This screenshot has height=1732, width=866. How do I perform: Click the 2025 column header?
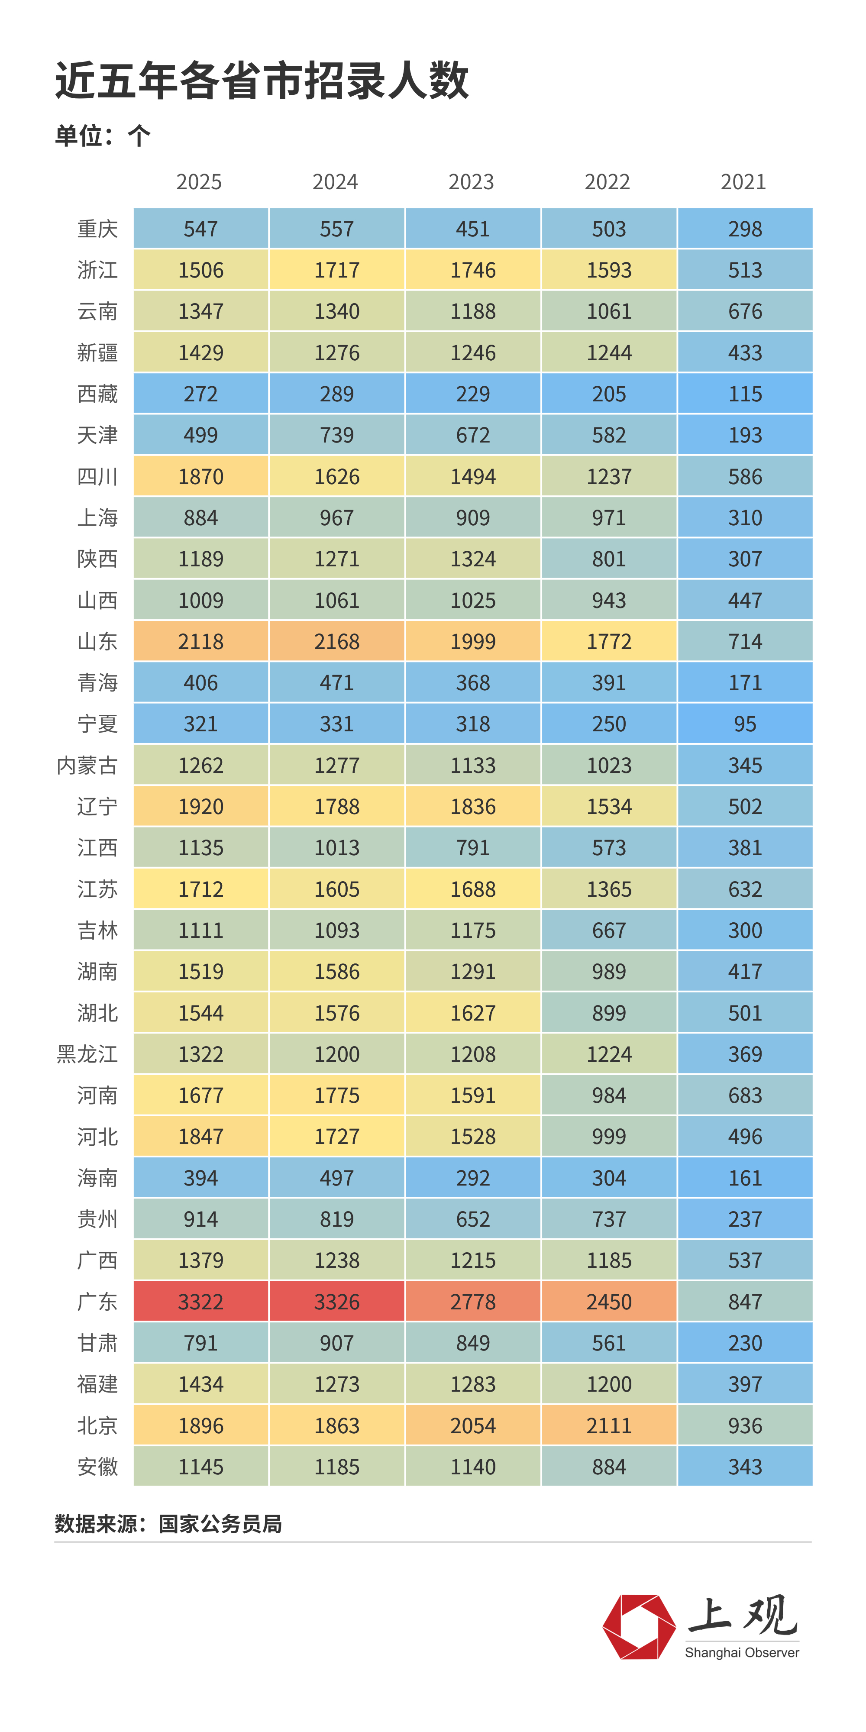tap(199, 182)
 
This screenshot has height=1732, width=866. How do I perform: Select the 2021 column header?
tap(743, 182)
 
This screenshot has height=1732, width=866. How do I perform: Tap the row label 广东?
tap(97, 1302)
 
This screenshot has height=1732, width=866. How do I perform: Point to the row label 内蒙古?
tap(87, 765)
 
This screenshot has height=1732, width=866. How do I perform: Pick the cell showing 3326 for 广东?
tap(337, 1302)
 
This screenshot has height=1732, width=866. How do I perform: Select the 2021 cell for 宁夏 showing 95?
tap(745, 724)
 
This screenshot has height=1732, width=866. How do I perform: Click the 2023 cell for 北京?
tap(473, 1425)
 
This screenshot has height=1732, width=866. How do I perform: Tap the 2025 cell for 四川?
tap(200, 477)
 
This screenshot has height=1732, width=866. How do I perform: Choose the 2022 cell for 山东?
tap(609, 641)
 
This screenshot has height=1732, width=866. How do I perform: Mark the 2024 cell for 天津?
tap(337, 435)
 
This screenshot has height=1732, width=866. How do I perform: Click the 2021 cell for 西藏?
tap(745, 394)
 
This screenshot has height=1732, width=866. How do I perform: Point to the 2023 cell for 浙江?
tap(473, 270)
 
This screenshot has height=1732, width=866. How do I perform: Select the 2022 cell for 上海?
tap(609, 518)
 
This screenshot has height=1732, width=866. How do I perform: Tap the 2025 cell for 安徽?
tap(200, 1467)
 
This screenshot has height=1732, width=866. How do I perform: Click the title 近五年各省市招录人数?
tap(262, 81)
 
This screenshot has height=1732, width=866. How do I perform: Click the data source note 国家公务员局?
tap(220, 1524)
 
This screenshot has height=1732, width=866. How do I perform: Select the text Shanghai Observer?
tap(742, 1653)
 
